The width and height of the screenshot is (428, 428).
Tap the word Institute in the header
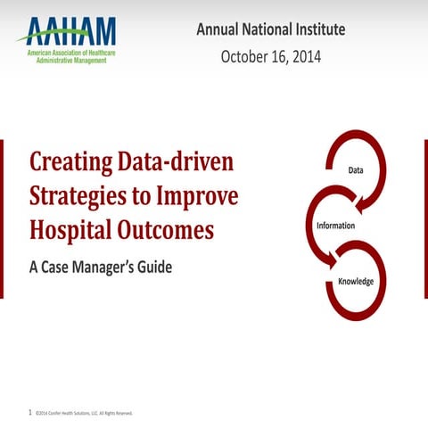[x=317, y=30]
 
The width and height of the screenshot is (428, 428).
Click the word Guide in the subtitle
[x=152, y=267]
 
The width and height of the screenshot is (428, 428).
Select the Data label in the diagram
[x=356, y=169]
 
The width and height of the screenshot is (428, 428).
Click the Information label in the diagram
[x=336, y=226]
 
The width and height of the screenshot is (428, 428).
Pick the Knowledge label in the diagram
[x=355, y=282]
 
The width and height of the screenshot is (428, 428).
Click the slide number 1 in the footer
[x=30, y=413]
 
